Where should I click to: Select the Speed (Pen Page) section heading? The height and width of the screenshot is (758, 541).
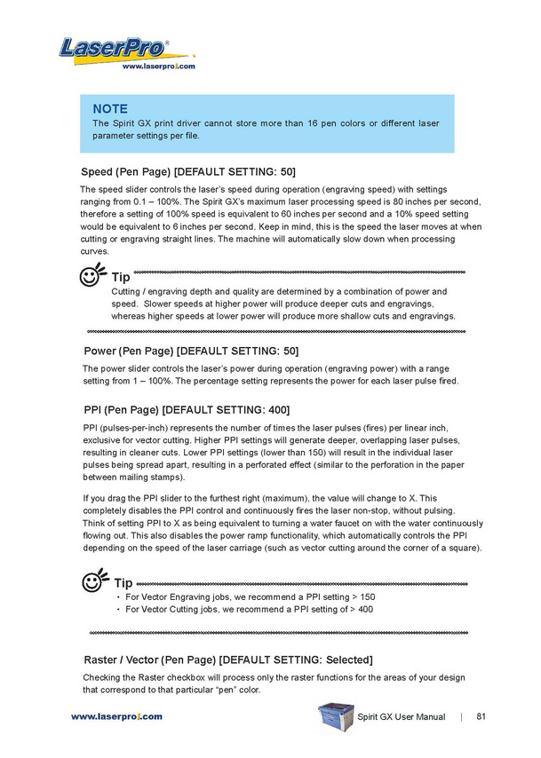coord(188,170)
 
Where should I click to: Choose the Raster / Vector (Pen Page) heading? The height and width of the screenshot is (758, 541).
coord(228,659)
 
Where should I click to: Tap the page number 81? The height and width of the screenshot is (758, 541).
coord(481,716)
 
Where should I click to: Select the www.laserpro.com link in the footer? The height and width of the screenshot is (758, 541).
coord(116,716)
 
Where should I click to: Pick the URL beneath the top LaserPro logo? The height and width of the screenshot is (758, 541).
coord(158,67)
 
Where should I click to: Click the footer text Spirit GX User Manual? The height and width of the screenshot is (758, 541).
coord(402,716)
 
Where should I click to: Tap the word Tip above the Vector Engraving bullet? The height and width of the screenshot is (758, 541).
coord(124,583)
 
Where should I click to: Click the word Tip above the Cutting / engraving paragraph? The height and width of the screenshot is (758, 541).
coord(120,278)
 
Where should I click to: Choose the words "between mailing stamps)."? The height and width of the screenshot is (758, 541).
coord(133,477)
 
